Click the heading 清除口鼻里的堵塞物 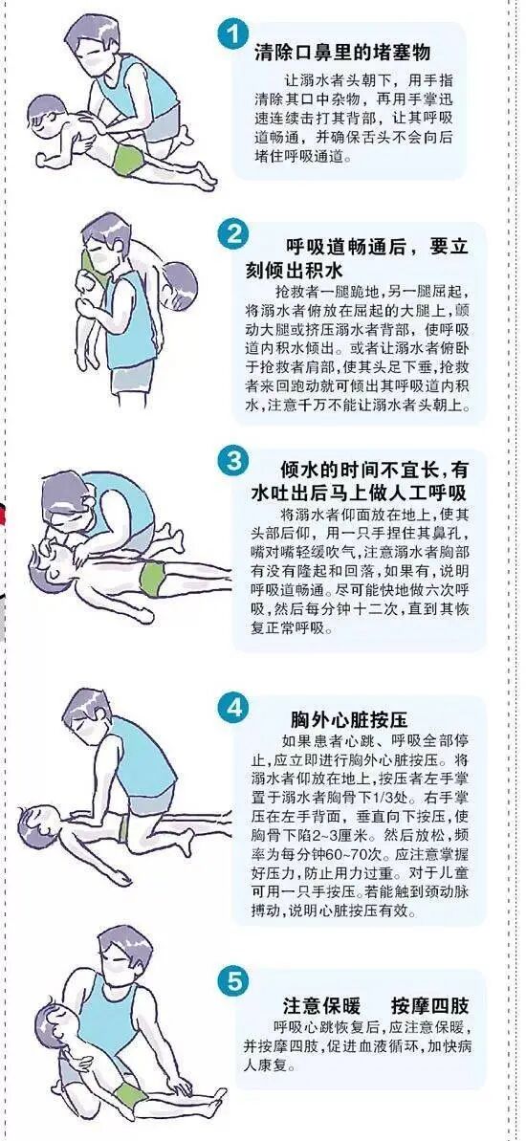[342, 54]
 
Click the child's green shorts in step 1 [126, 160]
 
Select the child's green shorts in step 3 [154, 577]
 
